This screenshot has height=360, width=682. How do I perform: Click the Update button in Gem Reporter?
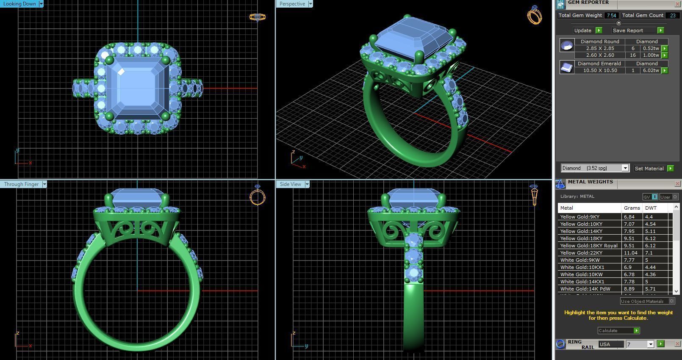point(583,30)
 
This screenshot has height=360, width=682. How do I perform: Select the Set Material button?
point(649,169)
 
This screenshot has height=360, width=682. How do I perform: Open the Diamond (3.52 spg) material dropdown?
point(625,168)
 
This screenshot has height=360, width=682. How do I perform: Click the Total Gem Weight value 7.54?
point(611,15)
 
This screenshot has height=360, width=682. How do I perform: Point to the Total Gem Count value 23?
point(672,15)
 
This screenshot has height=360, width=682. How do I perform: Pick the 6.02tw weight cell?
point(651,70)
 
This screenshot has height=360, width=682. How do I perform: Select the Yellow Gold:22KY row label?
point(581,253)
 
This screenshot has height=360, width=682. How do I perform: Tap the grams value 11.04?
point(630,253)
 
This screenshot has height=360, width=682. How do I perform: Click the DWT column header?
point(651,208)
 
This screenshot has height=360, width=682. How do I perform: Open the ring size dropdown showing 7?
point(650,344)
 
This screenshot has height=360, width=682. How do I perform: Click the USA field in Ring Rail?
point(610,344)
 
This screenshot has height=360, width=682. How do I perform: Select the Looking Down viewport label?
point(19,4)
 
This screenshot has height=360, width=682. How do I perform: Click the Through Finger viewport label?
point(21,184)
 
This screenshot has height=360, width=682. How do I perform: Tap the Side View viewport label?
point(291,184)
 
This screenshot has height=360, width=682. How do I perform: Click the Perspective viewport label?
point(292,4)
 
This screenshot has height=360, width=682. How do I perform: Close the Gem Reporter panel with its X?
point(677,4)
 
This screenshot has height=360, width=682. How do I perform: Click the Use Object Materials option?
point(643,301)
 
